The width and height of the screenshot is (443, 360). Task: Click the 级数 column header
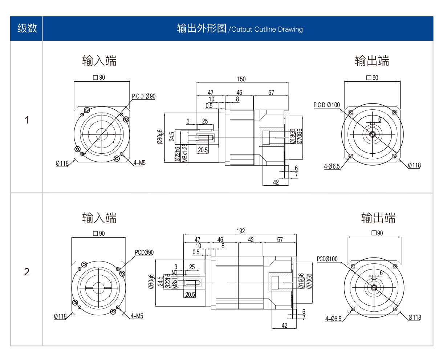coord(27,28)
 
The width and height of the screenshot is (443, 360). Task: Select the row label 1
coord(27,120)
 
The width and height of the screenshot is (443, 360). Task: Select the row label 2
coord(27,272)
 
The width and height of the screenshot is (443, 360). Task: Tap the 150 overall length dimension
coord(241,79)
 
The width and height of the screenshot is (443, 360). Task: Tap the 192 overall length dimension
coord(240,231)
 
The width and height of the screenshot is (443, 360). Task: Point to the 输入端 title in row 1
coord(99,60)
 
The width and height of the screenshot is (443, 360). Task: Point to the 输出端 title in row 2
coord(378,218)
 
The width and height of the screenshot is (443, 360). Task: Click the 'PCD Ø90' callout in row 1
coord(143,96)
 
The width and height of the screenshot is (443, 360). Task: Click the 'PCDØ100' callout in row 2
coord(327,259)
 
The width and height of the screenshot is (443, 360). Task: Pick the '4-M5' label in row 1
coord(139,163)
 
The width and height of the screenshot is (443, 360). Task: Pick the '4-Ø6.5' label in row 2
coord(333,319)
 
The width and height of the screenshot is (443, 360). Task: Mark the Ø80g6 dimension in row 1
coord(160,137)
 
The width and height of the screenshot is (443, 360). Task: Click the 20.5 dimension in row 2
coord(190,295)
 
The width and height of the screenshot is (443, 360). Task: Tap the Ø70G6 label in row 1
coord(300,136)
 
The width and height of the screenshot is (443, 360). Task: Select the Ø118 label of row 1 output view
coord(414,165)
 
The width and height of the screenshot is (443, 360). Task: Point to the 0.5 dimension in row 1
coord(209,106)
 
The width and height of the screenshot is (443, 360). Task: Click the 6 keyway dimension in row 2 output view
coord(381,273)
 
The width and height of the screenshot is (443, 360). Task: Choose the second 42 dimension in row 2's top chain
coord(251,240)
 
